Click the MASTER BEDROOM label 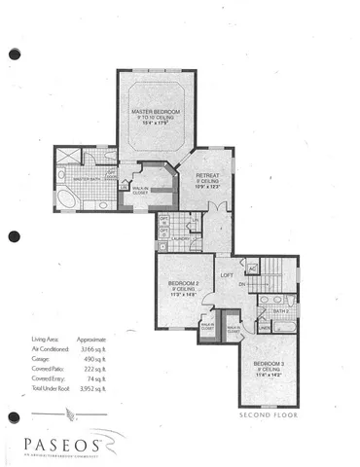click(x=156, y=112)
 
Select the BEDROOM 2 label click(x=176, y=282)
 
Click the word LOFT click(x=228, y=275)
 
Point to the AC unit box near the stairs click(x=252, y=269)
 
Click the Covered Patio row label click(x=41, y=396)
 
